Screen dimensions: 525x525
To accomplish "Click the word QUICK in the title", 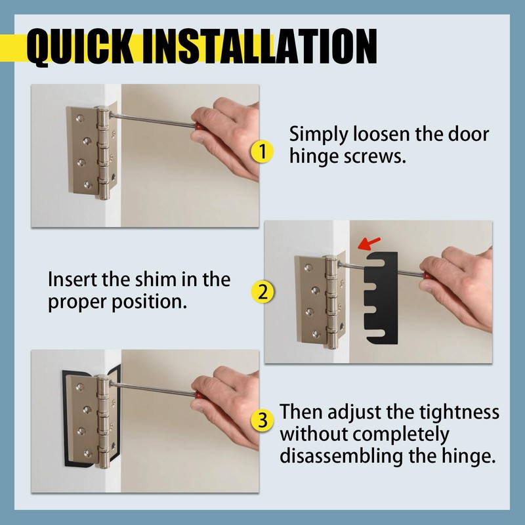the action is tap(79, 46).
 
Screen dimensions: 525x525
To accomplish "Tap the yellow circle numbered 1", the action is tap(262, 152).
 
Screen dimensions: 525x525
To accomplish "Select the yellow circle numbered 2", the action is tap(262, 292).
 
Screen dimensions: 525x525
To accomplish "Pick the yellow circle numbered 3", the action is tap(262, 421).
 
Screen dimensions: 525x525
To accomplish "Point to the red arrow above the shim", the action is tap(369, 243).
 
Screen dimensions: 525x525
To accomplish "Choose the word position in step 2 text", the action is tap(149, 303).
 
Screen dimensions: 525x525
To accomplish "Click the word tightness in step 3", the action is tap(459, 413).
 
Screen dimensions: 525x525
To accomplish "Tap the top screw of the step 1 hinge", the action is tap(79, 118).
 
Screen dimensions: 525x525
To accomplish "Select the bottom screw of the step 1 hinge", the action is tap(88, 184).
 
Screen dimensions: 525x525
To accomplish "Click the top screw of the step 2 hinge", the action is tap(308, 268).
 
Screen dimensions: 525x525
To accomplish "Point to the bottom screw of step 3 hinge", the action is tap(88, 453).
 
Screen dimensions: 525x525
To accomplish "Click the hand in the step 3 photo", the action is tap(228, 406).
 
